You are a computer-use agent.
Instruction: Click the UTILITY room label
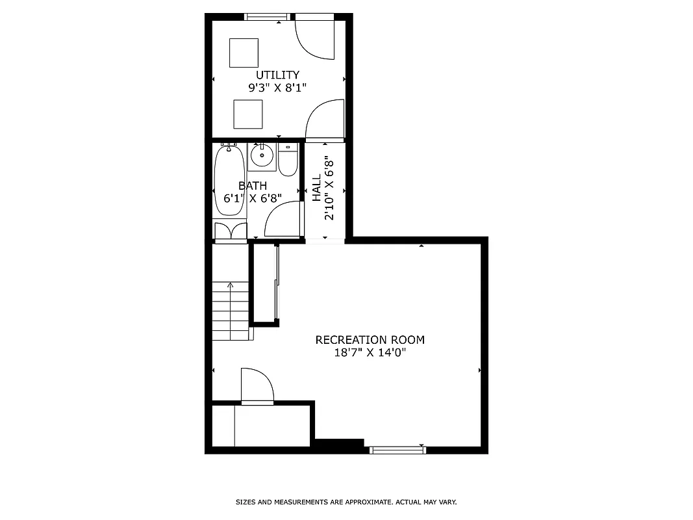click(x=277, y=75)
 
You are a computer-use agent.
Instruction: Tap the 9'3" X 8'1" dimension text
click(x=277, y=88)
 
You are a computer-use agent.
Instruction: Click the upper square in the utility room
click(x=244, y=53)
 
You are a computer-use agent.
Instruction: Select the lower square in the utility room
click(x=248, y=114)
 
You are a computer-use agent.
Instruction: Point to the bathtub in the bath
click(x=227, y=181)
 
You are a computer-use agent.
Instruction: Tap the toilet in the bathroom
click(x=288, y=160)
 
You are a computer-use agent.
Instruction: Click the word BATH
click(x=252, y=186)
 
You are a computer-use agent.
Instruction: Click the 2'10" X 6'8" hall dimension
click(x=330, y=190)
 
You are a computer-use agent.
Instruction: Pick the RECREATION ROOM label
click(x=370, y=339)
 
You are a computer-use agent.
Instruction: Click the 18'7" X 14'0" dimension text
click(x=370, y=353)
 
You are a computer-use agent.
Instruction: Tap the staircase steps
click(x=231, y=311)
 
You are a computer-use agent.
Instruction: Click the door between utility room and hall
click(x=325, y=120)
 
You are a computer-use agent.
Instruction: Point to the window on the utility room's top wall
click(x=266, y=17)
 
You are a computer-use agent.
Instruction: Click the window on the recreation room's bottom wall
click(x=397, y=448)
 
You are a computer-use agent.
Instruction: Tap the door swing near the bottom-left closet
click(x=257, y=386)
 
